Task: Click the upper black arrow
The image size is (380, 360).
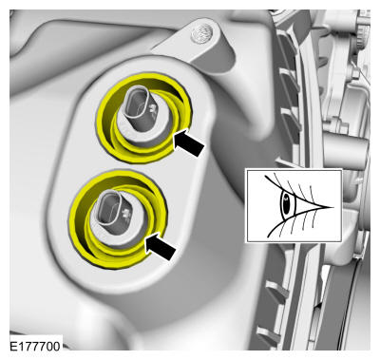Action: (189, 142)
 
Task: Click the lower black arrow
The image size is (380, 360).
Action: (161, 246)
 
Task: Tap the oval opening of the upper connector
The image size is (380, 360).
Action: (136, 100)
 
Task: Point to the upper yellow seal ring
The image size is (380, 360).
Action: (144, 118)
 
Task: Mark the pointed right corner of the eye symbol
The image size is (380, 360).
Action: (333, 207)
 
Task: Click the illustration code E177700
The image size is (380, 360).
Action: (35, 346)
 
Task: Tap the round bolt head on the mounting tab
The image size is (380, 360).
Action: (201, 32)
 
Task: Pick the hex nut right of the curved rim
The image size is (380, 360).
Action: (356, 74)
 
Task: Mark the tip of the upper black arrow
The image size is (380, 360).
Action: (175, 136)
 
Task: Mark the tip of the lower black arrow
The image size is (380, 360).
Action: (146, 239)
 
